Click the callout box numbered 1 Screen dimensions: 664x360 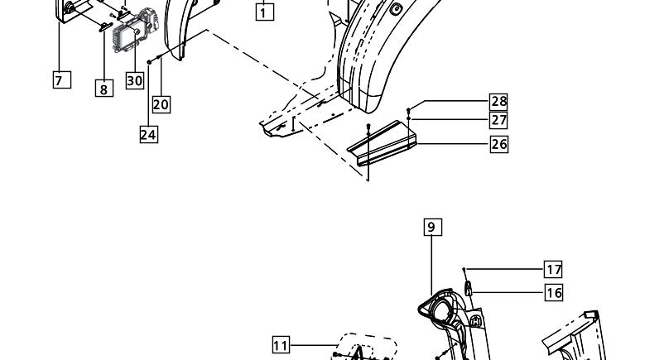265,12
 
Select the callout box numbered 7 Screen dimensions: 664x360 62,79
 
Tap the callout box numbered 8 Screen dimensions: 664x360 104,88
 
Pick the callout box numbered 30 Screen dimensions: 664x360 135,80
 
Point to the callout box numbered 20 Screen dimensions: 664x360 161,104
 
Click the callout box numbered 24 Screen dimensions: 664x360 149,134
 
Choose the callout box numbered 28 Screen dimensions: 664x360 499,102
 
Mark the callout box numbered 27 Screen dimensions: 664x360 499,120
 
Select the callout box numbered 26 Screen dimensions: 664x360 499,144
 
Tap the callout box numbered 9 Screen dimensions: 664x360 433,227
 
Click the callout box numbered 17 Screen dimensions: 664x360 554,269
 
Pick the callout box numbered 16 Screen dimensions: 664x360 554,293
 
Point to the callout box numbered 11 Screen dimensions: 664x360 281,345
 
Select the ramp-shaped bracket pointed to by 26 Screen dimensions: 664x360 382,143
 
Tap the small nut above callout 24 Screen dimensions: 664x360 149,62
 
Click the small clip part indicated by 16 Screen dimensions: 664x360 469,288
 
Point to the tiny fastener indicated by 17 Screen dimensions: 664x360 464,269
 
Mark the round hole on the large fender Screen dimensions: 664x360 396,8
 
